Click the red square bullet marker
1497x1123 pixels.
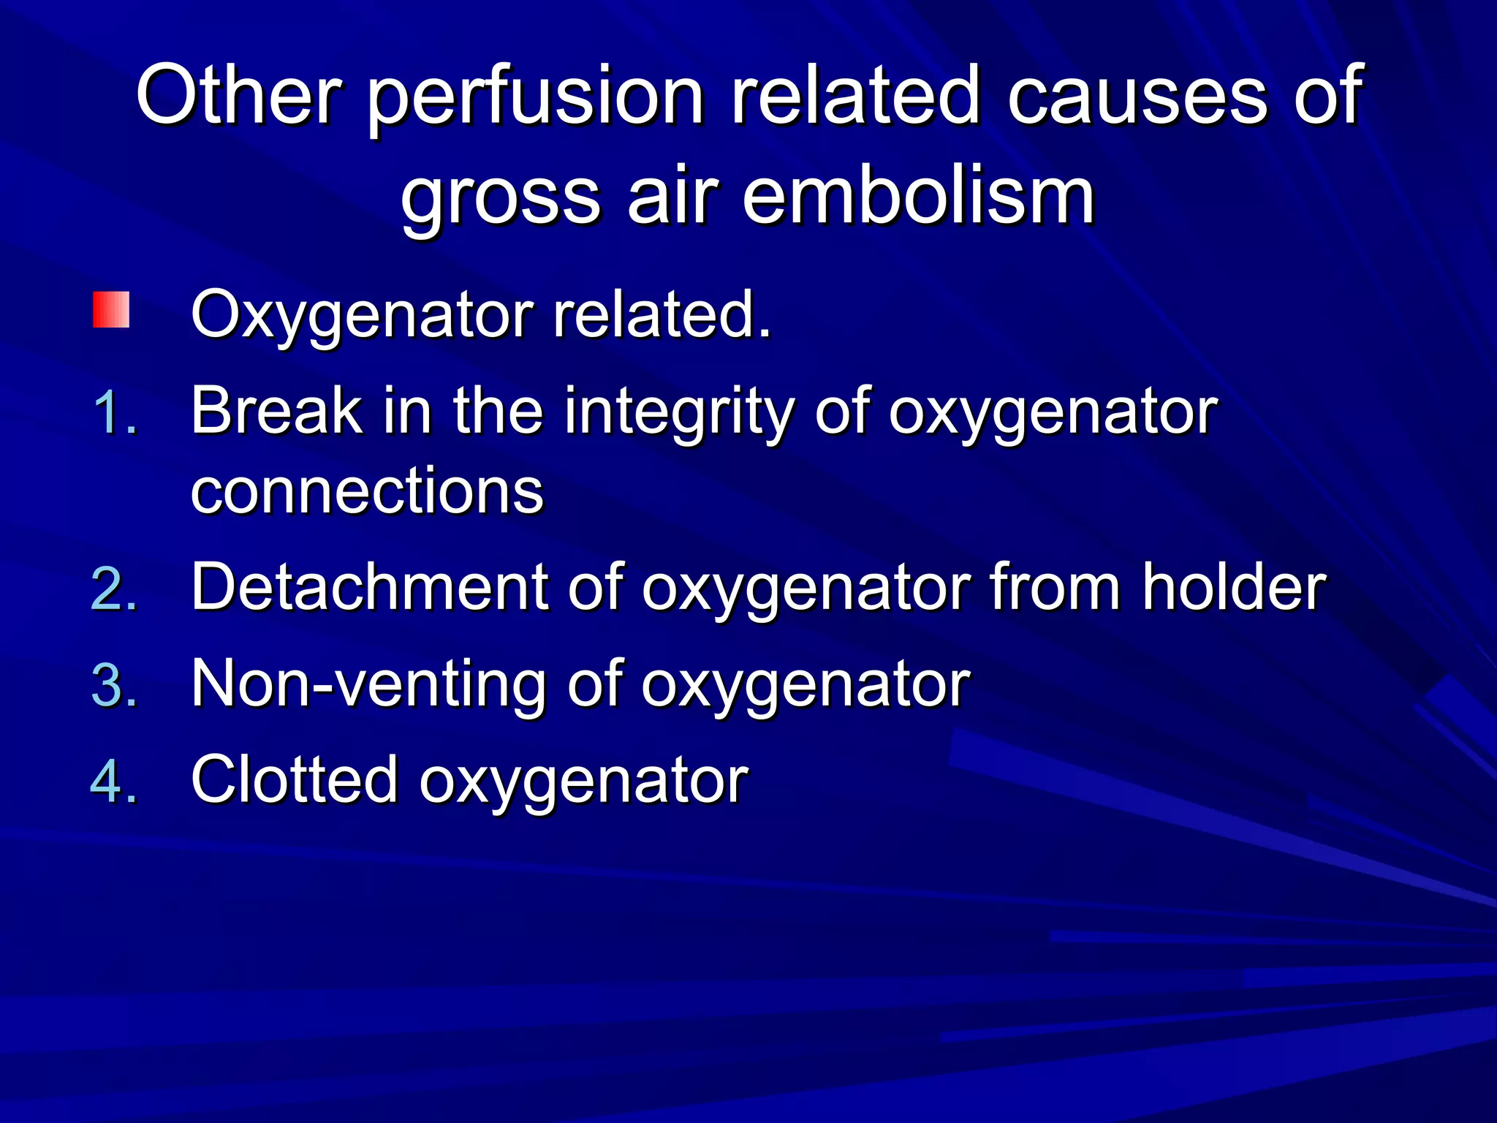pos(111,310)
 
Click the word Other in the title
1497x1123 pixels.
pos(239,95)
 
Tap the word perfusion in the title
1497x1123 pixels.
pos(535,99)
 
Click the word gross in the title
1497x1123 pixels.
pos(501,199)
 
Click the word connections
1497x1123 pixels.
pos(367,491)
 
